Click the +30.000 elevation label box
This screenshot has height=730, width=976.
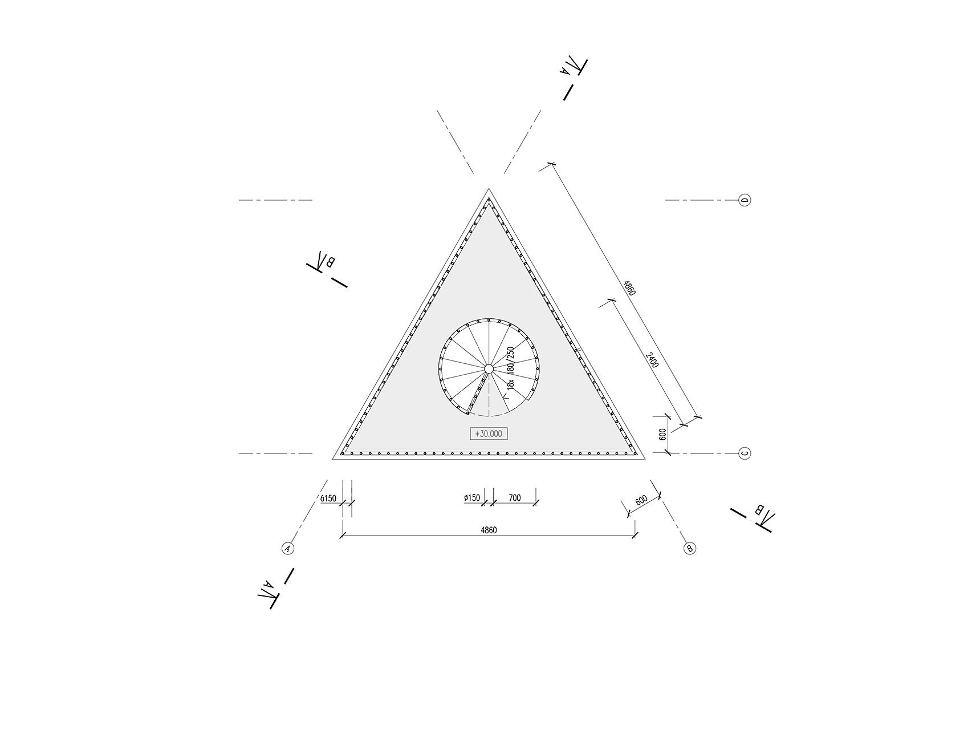point(488,433)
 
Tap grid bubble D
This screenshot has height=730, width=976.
point(745,200)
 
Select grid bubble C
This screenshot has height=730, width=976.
point(745,453)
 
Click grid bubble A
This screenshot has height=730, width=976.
point(288,549)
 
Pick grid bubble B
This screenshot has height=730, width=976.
point(689,549)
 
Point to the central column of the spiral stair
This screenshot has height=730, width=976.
point(489,369)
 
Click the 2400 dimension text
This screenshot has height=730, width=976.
point(652,359)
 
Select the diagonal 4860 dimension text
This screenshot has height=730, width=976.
point(629,287)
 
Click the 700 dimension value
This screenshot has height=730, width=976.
point(514,498)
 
